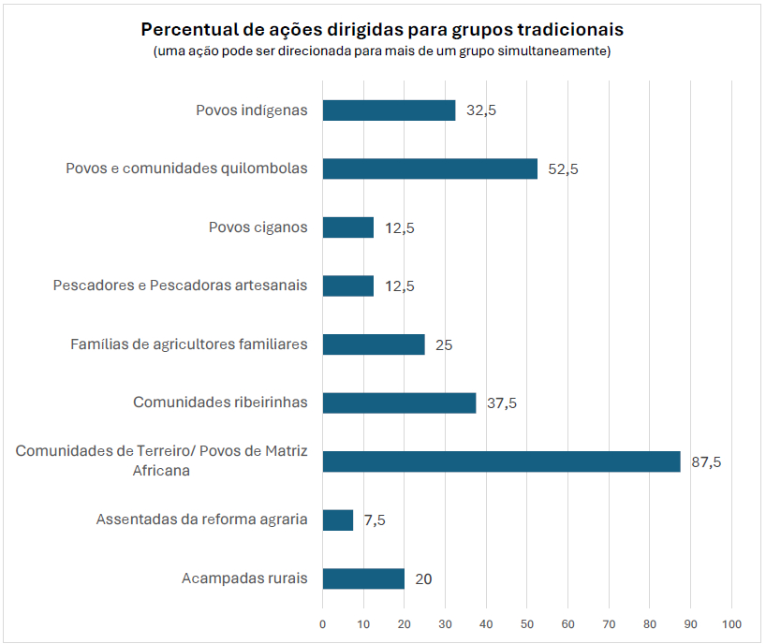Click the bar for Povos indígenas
pos(389,110)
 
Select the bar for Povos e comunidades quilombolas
pos(430,168)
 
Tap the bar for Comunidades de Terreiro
pos(501,461)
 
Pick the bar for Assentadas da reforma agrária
pos(338,520)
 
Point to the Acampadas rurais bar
pos(363,578)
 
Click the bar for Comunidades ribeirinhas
pos(399,402)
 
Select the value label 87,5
pos(706,461)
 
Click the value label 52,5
pos(564,169)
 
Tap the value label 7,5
pos(375,520)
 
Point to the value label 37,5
pos(502,403)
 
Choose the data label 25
pos(444,345)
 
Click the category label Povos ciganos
pos(258,227)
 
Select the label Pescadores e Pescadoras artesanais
pos(180,285)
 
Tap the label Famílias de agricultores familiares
pos(189,344)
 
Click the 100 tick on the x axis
pos(731,623)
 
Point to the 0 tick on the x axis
pos(323,623)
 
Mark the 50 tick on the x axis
pos(527,623)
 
